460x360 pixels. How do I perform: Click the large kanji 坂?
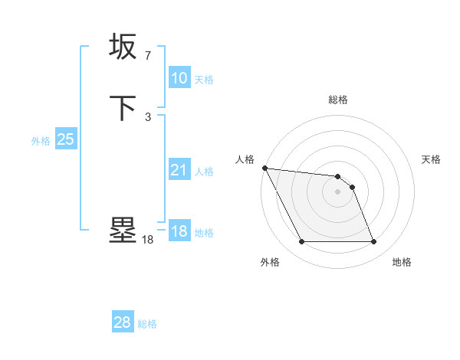pyautogui.click(x=123, y=47)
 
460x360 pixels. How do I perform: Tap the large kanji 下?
pyautogui.click(x=123, y=107)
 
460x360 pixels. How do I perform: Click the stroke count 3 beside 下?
pyautogui.click(x=147, y=117)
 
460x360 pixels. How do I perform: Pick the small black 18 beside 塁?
pyautogui.click(x=147, y=240)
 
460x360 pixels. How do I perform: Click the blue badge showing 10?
pyautogui.click(x=179, y=78)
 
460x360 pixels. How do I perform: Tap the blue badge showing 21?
pyautogui.click(x=179, y=170)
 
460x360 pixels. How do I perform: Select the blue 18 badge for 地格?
pyautogui.click(x=179, y=231)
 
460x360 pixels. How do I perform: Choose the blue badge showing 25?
pyautogui.click(x=65, y=139)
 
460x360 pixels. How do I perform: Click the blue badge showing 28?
pyautogui.click(x=123, y=322)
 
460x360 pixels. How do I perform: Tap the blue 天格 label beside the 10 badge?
pyautogui.click(x=204, y=80)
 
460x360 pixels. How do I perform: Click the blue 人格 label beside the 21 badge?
pyautogui.click(x=204, y=172)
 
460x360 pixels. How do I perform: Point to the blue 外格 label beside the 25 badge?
pyautogui.click(x=41, y=141)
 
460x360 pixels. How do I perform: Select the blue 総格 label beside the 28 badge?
pyautogui.click(x=147, y=324)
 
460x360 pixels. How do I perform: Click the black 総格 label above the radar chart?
pyautogui.click(x=338, y=100)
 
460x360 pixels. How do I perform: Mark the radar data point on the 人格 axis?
pyautogui.click(x=264, y=168)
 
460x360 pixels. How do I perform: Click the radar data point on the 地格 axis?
pyautogui.click(x=373, y=242)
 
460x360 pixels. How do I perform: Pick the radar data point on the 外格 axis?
pyautogui.click(x=301, y=242)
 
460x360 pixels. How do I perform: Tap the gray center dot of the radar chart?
pyautogui.click(x=337, y=191)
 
